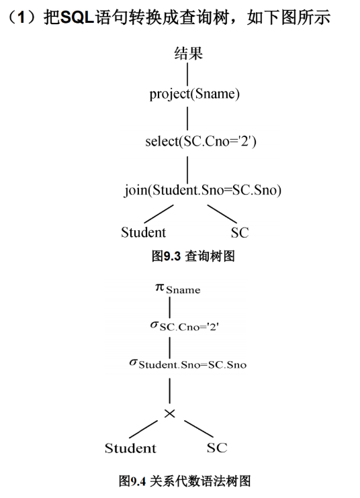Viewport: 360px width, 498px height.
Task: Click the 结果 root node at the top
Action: point(188,53)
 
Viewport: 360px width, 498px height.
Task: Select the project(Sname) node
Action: point(195,94)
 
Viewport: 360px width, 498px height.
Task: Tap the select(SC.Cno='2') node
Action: point(200,142)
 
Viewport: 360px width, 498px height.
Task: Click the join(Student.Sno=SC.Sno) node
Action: point(202,190)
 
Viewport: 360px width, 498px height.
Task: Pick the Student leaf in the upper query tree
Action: point(143,232)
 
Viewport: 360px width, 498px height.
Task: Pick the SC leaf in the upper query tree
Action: point(239,233)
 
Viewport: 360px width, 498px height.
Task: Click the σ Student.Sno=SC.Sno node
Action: point(187,364)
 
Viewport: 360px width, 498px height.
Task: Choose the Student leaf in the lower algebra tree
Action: point(130,448)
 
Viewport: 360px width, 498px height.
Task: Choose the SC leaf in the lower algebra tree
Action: point(217,448)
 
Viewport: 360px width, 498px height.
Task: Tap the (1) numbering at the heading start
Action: point(17,16)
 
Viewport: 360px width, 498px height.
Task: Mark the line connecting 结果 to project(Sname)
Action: point(187,73)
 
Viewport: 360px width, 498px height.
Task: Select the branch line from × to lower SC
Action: point(199,429)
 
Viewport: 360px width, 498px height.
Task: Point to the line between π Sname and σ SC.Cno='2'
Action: point(169,308)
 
